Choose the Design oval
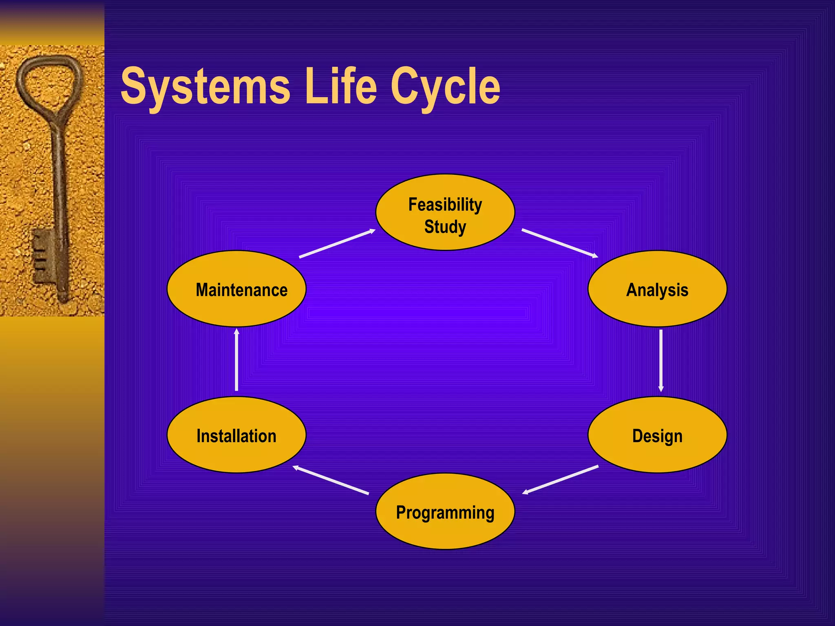tap(657, 435)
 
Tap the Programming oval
tap(445, 512)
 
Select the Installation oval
tap(236, 435)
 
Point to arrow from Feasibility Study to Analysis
tap(559, 243)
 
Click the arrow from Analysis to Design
tap(660, 360)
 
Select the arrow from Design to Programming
tap(560, 480)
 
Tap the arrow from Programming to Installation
tap(331, 480)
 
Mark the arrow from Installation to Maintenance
tap(236, 359)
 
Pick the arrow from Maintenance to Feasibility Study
tap(337, 243)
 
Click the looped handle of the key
tap(49, 82)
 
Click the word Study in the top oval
tap(445, 227)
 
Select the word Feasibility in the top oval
tap(445, 205)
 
